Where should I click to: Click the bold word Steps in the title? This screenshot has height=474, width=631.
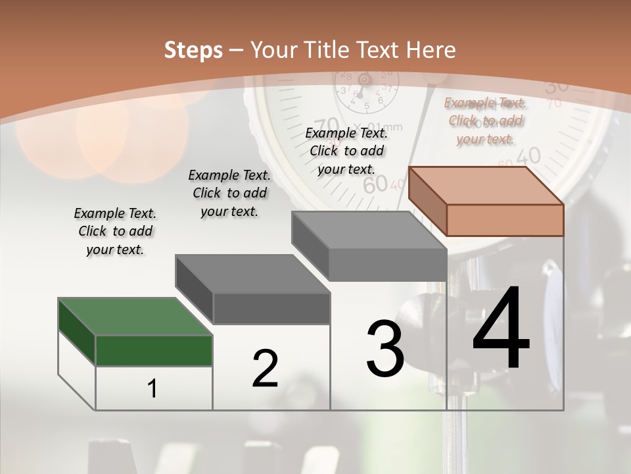click(x=193, y=50)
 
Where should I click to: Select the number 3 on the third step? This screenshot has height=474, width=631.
click(x=385, y=349)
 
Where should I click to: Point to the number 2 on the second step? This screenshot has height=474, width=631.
click(x=265, y=369)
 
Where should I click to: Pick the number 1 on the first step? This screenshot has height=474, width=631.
click(x=152, y=389)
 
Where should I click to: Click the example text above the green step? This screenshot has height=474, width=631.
click(x=115, y=231)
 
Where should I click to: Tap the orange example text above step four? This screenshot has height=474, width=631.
click(x=486, y=120)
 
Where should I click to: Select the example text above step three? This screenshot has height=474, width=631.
click(x=347, y=151)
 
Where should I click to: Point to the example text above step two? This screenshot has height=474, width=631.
click(x=229, y=193)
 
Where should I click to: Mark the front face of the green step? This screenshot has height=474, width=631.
click(x=154, y=350)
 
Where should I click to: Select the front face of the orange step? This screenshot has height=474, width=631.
click(x=505, y=220)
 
